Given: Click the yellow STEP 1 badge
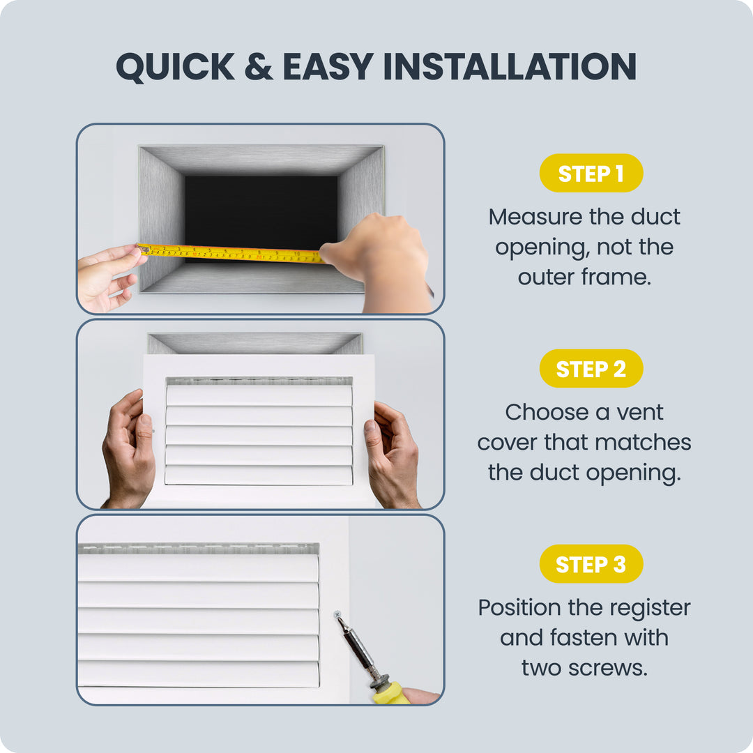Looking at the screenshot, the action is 591,173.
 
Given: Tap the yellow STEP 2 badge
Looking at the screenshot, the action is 591,368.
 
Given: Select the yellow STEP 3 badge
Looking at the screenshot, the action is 591,564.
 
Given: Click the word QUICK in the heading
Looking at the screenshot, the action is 175,67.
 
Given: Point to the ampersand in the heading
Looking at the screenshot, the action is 259,66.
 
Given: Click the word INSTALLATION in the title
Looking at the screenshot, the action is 510,66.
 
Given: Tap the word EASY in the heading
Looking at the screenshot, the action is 328,66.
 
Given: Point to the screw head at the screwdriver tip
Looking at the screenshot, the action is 337,614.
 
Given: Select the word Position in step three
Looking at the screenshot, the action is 519,607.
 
